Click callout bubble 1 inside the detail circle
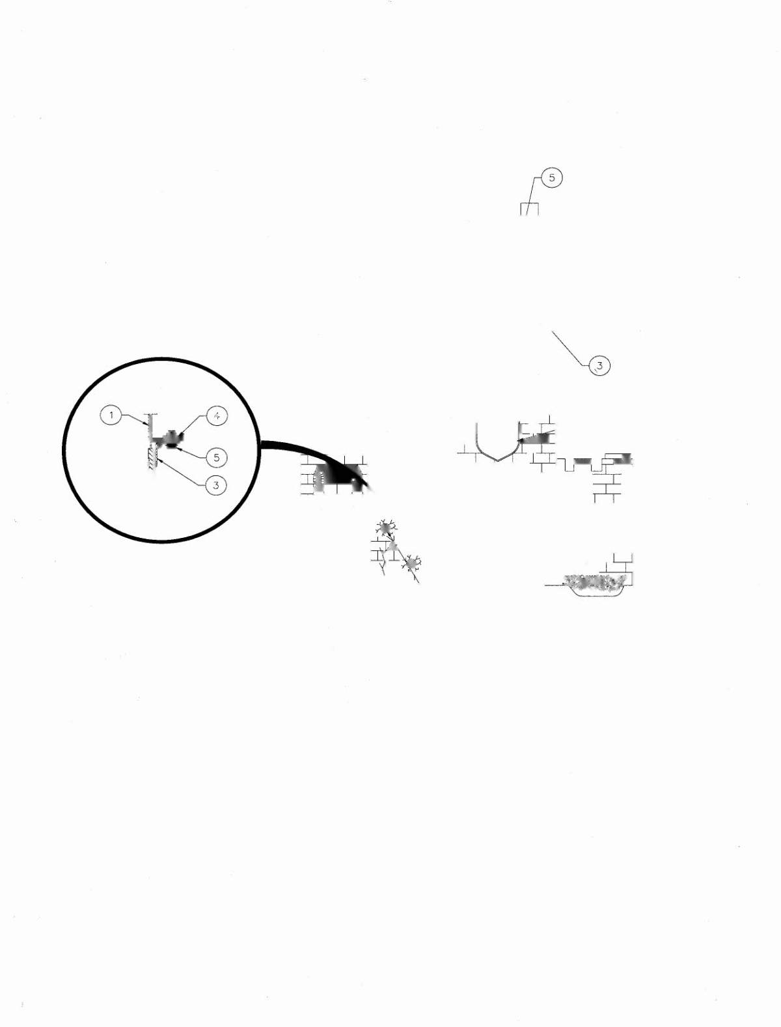pos(111,415)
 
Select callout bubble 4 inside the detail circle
pos(216,415)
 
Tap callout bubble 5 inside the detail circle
pos(216,458)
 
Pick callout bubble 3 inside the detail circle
pos(216,485)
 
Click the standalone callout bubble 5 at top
pos(552,178)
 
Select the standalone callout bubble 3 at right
pos(599,365)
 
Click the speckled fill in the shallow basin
pos(594,583)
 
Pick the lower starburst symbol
pos(412,564)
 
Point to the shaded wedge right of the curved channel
pos(538,438)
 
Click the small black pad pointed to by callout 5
pos(171,447)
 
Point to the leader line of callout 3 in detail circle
pos(182,473)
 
